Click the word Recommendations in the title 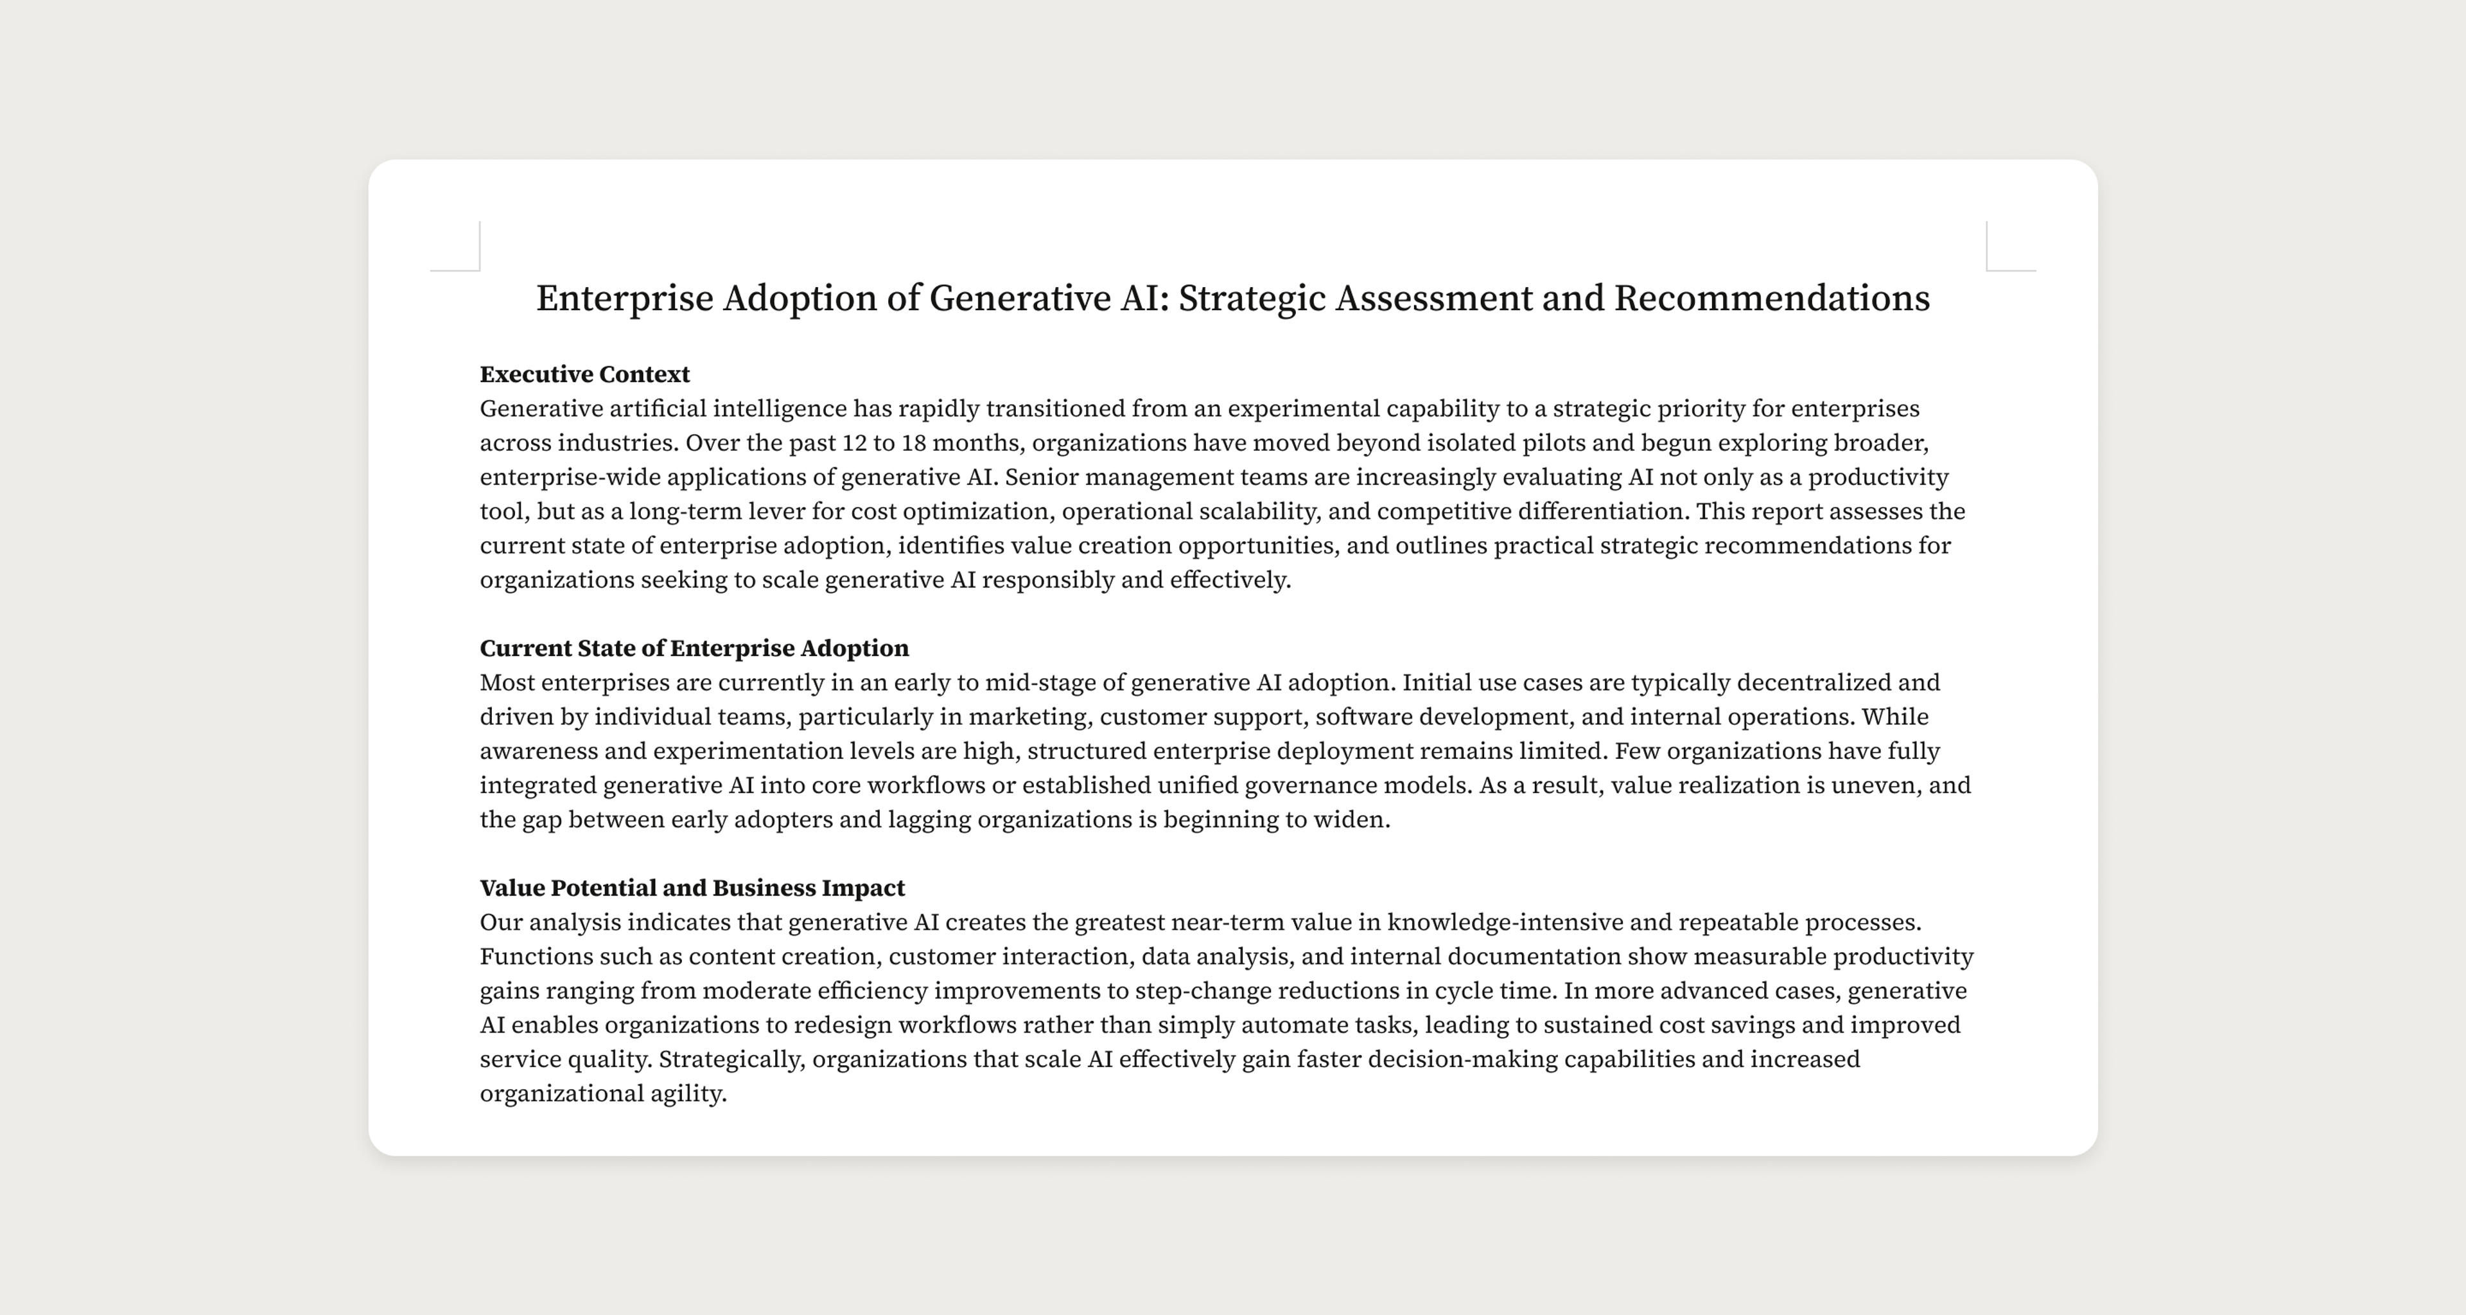click(x=1771, y=299)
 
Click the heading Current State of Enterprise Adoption click(x=694, y=649)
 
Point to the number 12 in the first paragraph click(x=853, y=443)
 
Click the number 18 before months click(x=913, y=443)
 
